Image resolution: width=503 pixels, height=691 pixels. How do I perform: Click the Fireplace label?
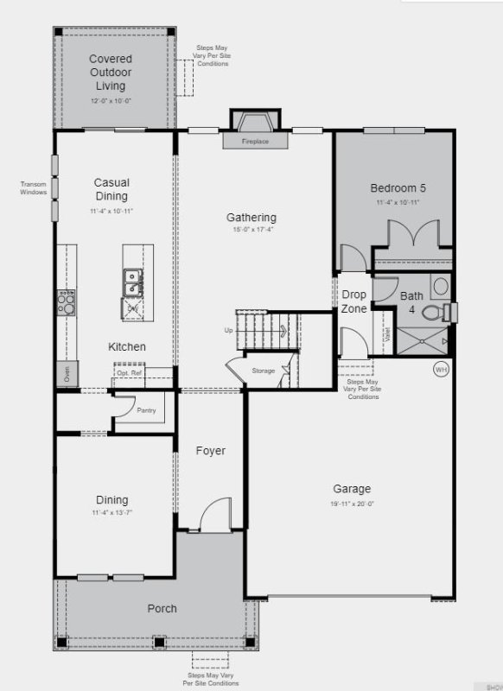tap(255, 142)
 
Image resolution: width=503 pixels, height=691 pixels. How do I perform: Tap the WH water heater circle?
tap(441, 368)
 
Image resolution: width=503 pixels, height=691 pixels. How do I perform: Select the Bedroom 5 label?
tap(398, 188)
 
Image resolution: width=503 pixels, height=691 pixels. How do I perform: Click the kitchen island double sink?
tap(133, 277)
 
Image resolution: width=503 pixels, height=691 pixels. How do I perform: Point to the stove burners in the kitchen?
tap(67, 301)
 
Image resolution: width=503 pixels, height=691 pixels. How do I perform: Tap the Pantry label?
tap(146, 410)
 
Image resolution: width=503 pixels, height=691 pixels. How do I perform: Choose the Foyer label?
tap(210, 451)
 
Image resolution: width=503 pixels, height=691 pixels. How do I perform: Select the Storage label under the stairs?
tap(264, 371)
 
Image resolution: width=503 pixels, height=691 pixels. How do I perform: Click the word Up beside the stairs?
tap(228, 331)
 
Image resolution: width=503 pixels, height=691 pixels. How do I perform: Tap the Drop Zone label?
tap(353, 301)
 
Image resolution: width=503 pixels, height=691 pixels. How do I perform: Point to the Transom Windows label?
tap(33, 187)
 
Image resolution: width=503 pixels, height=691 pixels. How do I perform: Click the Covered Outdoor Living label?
tap(111, 73)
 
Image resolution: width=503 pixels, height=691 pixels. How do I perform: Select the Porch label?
tap(162, 609)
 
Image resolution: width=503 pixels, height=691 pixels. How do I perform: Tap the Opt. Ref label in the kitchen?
tap(129, 372)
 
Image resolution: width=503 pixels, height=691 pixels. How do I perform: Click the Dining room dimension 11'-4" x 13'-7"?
tap(111, 513)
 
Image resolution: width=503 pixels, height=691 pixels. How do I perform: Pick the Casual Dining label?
tap(111, 189)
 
